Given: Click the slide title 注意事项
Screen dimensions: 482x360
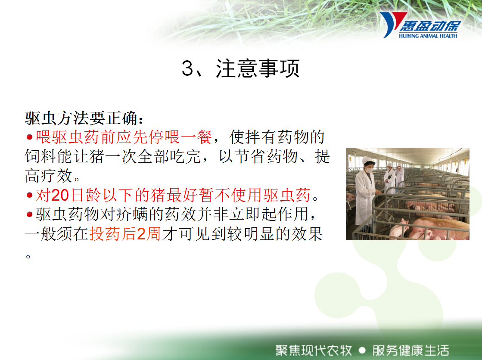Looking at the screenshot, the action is pyautogui.click(x=258, y=68).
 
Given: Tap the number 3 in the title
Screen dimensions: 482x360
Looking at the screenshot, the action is pyautogui.click(x=187, y=68).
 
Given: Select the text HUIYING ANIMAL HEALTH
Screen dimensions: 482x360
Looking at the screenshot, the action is pyautogui.click(x=428, y=36).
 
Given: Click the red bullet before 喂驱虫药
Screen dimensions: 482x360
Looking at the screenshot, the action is pyautogui.click(x=30, y=137).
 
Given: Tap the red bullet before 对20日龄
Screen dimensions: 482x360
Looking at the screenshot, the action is pyautogui.click(x=30, y=195).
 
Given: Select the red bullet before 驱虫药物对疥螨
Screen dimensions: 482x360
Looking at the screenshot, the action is pyautogui.click(x=30, y=214).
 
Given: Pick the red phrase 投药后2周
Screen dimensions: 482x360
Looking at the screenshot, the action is pyautogui.click(x=125, y=234).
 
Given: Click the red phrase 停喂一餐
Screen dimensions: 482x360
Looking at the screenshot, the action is pyautogui.click(x=180, y=137).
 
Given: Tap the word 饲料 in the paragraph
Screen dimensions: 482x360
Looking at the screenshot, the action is pyautogui.click(x=41, y=156).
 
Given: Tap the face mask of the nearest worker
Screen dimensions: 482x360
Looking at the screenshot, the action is pyautogui.click(x=370, y=170).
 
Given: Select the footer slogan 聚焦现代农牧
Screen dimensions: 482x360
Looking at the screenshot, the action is pyautogui.click(x=314, y=350).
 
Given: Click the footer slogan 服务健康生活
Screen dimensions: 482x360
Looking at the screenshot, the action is pyautogui.click(x=410, y=350).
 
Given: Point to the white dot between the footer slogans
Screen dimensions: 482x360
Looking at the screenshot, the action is pyautogui.click(x=362, y=351).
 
